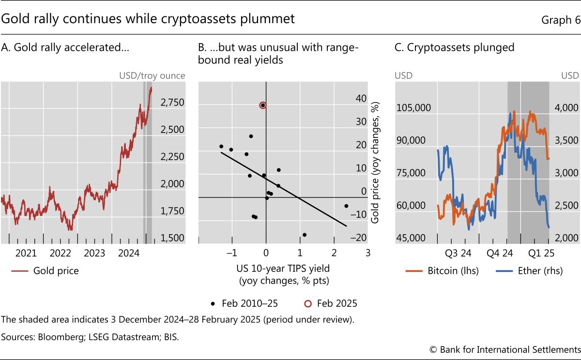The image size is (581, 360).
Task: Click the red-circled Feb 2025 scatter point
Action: coord(262,105)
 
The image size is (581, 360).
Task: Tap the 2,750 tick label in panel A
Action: coord(173,103)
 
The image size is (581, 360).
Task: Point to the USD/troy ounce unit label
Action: coord(152,75)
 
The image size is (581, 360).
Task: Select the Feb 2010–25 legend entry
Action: coord(245,304)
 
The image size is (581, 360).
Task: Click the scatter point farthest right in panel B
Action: coord(346,206)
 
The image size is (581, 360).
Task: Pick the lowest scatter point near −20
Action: coord(305,235)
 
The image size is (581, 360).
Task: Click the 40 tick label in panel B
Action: coord(361,98)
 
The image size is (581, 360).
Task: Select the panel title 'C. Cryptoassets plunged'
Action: coord(454,47)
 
